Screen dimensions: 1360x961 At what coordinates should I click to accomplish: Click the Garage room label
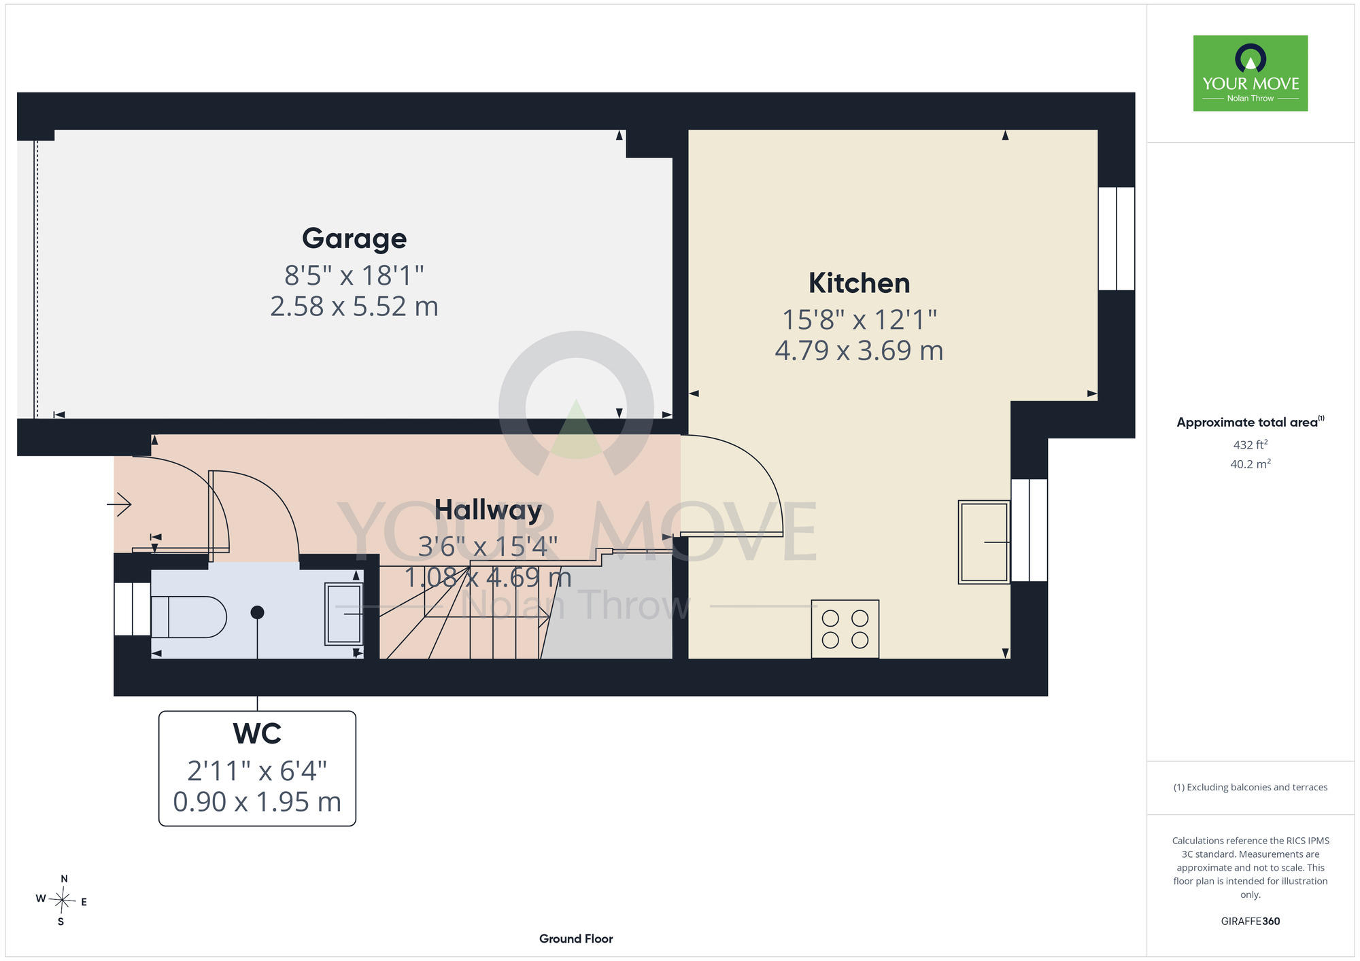354,239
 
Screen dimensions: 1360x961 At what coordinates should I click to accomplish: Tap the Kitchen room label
859,283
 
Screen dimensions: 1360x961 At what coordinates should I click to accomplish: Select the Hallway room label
488,510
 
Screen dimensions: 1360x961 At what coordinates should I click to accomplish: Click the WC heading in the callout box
257,734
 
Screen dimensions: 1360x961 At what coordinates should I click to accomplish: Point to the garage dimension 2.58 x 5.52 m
354,307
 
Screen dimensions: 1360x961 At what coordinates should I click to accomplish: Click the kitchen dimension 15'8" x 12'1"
859,319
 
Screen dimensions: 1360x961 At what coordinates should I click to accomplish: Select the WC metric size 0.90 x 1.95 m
257,802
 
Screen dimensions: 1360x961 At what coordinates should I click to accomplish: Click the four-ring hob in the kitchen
845,629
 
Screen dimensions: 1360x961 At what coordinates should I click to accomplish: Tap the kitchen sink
984,542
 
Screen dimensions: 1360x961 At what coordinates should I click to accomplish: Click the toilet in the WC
188,617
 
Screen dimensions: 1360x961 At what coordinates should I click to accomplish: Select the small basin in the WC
344,614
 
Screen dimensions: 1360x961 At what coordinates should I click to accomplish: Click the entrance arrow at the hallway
119,505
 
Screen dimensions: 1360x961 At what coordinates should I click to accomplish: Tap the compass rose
62,901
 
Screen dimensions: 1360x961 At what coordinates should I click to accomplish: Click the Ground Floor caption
576,939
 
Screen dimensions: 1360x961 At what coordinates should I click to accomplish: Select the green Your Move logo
1251,73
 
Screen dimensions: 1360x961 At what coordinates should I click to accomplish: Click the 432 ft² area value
1251,444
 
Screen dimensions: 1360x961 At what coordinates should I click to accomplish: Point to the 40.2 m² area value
1251,464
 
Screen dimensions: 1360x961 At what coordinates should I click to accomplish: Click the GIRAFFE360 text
1251,922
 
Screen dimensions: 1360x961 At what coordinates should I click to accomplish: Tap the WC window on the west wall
133,609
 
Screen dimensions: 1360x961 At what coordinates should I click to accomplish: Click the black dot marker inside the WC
257,612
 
